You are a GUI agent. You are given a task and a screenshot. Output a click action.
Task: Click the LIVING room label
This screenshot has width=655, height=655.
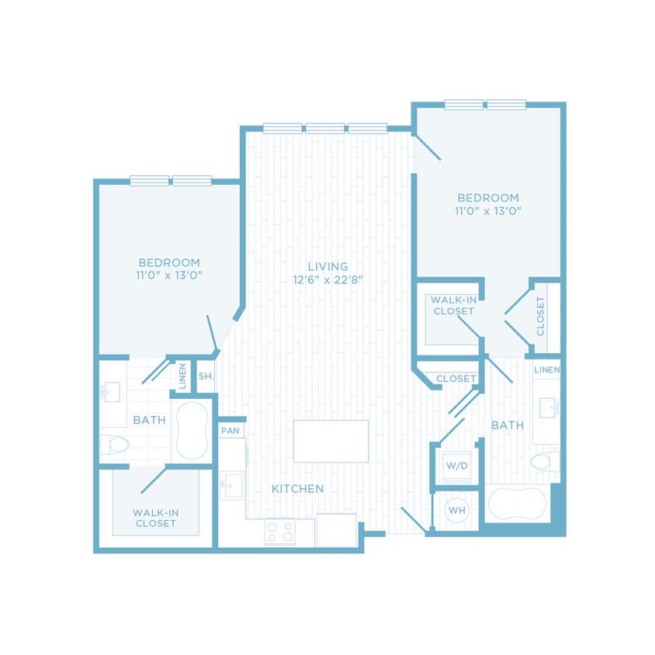[x=326, y=266]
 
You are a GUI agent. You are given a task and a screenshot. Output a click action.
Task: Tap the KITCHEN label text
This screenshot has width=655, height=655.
[x=297, y=489]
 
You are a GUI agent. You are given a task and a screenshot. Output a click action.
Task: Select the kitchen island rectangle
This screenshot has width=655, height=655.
[x=331, y=441]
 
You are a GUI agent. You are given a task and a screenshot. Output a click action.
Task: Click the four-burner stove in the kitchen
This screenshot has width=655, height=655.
[x=280, y=532]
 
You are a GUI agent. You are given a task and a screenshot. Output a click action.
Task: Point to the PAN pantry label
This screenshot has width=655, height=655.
[x=230, y=430]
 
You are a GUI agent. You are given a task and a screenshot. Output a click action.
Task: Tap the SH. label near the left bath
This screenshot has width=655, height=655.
[x=205, y=376]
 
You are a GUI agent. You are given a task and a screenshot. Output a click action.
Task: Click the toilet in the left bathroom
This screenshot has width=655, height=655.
[x=114, y=445]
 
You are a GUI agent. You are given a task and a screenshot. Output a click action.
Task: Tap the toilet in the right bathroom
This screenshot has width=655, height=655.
[x=544, y=463]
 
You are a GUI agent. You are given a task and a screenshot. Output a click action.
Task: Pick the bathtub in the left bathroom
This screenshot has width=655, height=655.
[x=190, y=431]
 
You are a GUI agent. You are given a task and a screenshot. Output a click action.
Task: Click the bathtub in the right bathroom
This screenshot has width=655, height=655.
[x=516, y=504]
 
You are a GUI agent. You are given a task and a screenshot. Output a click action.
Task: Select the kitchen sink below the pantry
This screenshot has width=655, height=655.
[x=231, y=487]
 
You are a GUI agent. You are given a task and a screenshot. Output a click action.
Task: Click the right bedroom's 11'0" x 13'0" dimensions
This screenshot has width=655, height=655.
[x=487, y=210]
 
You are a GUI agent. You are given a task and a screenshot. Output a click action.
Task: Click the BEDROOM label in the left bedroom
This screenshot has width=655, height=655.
[x=169, y=262]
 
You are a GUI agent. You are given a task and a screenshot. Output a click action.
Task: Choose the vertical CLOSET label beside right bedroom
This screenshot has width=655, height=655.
[x=540, y=317]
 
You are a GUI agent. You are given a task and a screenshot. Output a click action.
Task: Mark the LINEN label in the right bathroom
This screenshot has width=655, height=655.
[x=546, y=369]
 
